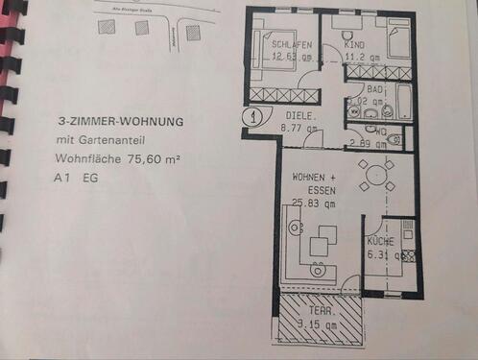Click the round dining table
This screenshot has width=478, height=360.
point(375,176)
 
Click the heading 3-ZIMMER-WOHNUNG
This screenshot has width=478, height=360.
point(120,122)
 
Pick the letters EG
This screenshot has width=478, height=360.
point(90,179)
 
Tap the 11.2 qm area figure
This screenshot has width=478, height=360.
point(361,56)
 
